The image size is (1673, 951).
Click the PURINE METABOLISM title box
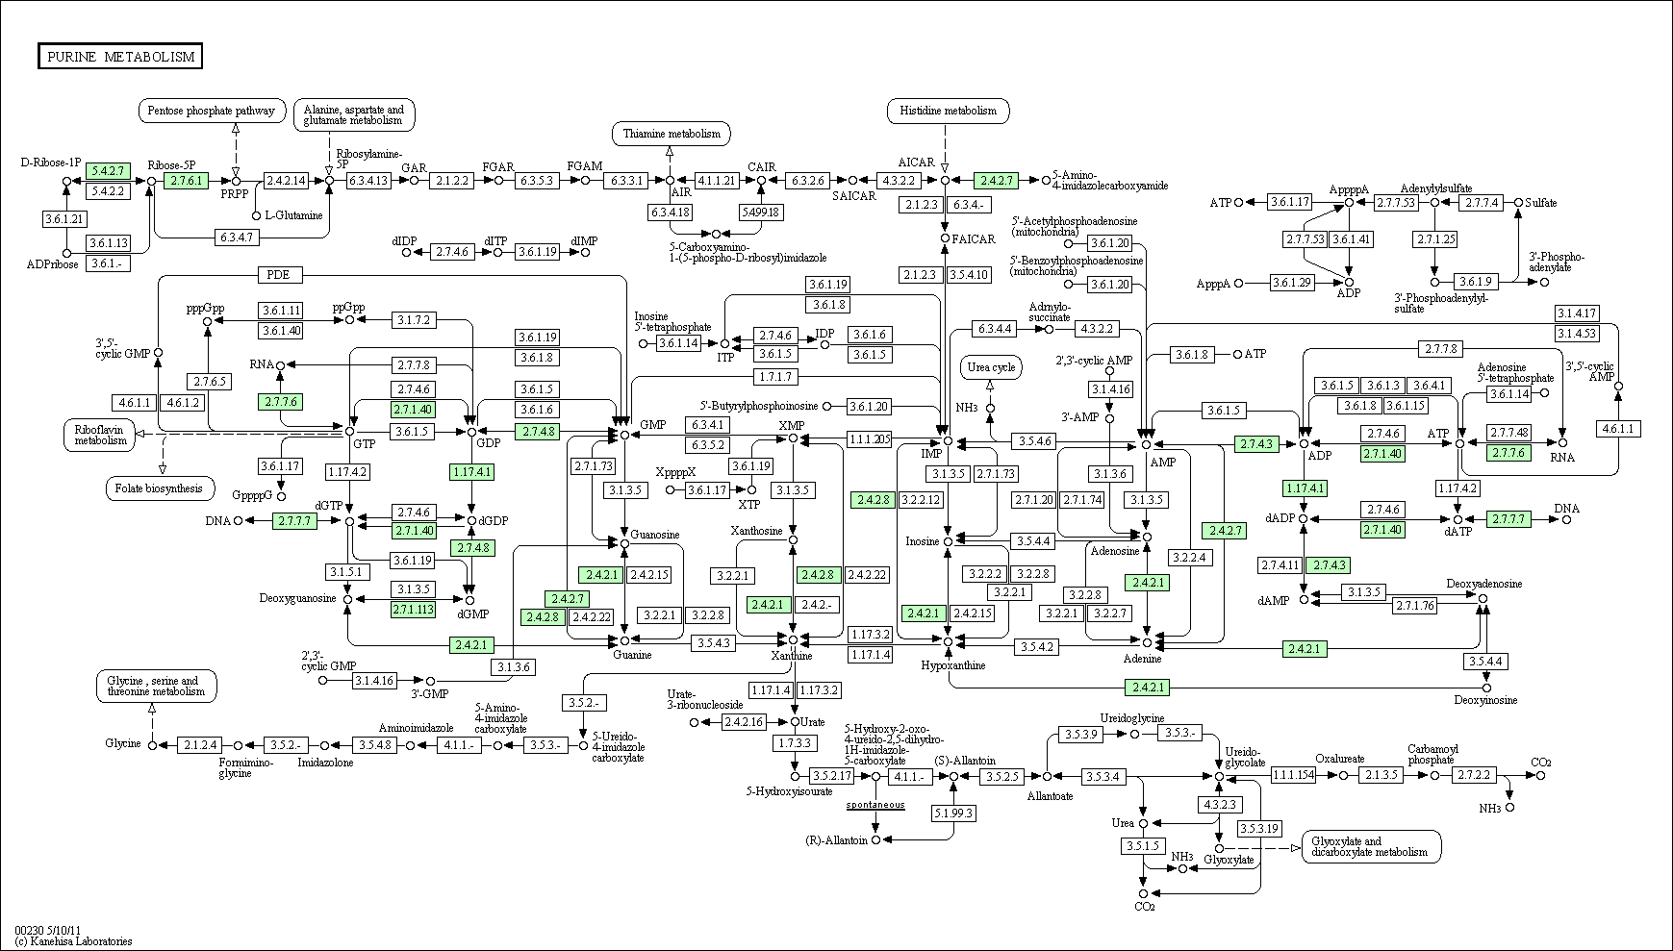[x=120, y=57]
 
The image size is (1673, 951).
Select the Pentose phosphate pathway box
[x=213, y=111]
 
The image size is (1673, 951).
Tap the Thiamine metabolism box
[x=671, y=134]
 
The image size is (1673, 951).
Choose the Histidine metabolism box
[x=948, y=111]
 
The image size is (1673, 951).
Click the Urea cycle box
[x=991, y=367]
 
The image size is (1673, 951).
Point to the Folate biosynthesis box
[x=159, y=488]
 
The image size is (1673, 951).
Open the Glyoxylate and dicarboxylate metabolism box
[x=1371, y=846]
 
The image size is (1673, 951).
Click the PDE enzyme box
[x=280, y=275]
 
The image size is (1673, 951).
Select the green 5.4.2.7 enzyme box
[x=107, y=171]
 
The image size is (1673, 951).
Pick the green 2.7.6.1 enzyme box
[x=186, y=180]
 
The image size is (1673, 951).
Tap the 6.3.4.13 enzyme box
[x=368, y=180]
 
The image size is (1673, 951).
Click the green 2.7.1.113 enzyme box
[x=413, y=609]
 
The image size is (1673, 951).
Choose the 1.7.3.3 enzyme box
[x=795, y=743]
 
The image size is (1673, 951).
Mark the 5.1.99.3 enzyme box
[x=953, y=813]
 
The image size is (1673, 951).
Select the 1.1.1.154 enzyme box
[x=1293, y=775]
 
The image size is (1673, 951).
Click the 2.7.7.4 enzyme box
[x=1482, y=202]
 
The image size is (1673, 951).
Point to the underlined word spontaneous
[x=875, y=804]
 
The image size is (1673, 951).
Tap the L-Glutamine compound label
[x=293, y=215]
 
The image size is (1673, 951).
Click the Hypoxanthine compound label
[x=952, y=664]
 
